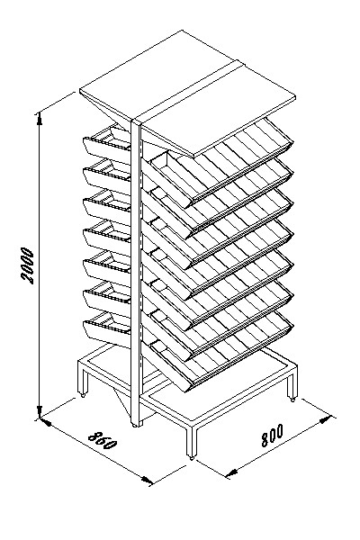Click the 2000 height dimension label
(x=28, y=265)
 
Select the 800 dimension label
(x=272, y=436)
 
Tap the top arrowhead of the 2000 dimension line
(x=40, y=119)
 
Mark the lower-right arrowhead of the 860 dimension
(x=147, y=480)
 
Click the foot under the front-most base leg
(x=192, y=458)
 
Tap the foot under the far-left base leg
(x=82, y=395)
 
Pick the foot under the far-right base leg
(x=292, y=400)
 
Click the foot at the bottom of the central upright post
(x=134, y=426)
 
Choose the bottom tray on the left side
(x=107, y=328)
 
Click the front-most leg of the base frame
(x=192, y=441)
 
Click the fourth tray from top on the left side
(x=107, y=237)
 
